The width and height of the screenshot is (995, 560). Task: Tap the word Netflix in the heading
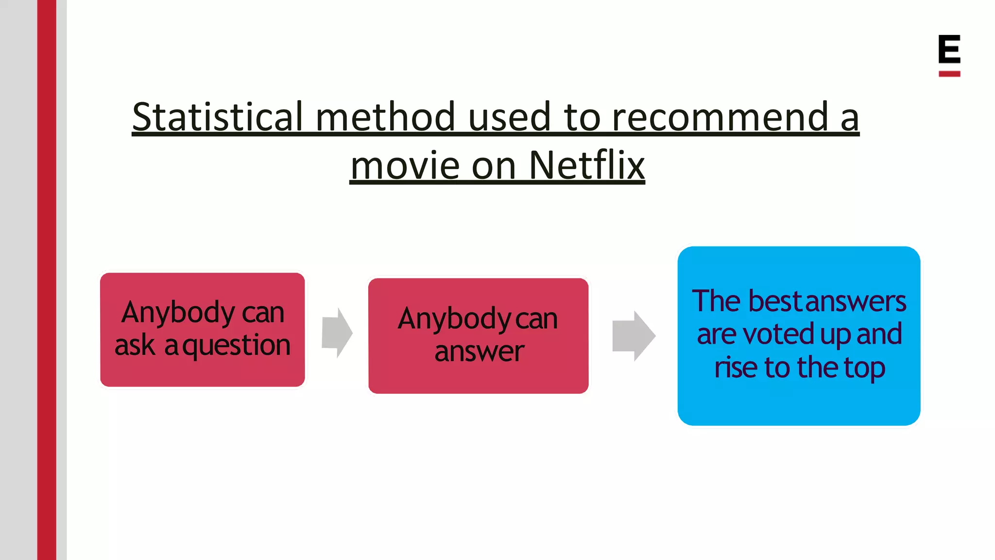point(586,165)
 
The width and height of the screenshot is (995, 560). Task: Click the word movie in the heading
point(405,165)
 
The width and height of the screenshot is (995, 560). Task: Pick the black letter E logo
point(949,49)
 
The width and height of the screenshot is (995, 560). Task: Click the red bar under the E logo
point(949,74)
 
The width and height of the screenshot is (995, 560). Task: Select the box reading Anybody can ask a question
point(202,330)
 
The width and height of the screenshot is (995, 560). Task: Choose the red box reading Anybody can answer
point(478,335)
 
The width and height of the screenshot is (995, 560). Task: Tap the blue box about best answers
point(799,335)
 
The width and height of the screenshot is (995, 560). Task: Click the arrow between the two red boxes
point(337,333)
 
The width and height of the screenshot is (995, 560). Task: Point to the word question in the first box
point(237,346)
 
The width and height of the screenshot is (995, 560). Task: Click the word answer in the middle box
point(479,351)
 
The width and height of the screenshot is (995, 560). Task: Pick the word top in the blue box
point(864,367)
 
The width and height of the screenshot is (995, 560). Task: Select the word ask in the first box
point(135,346)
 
